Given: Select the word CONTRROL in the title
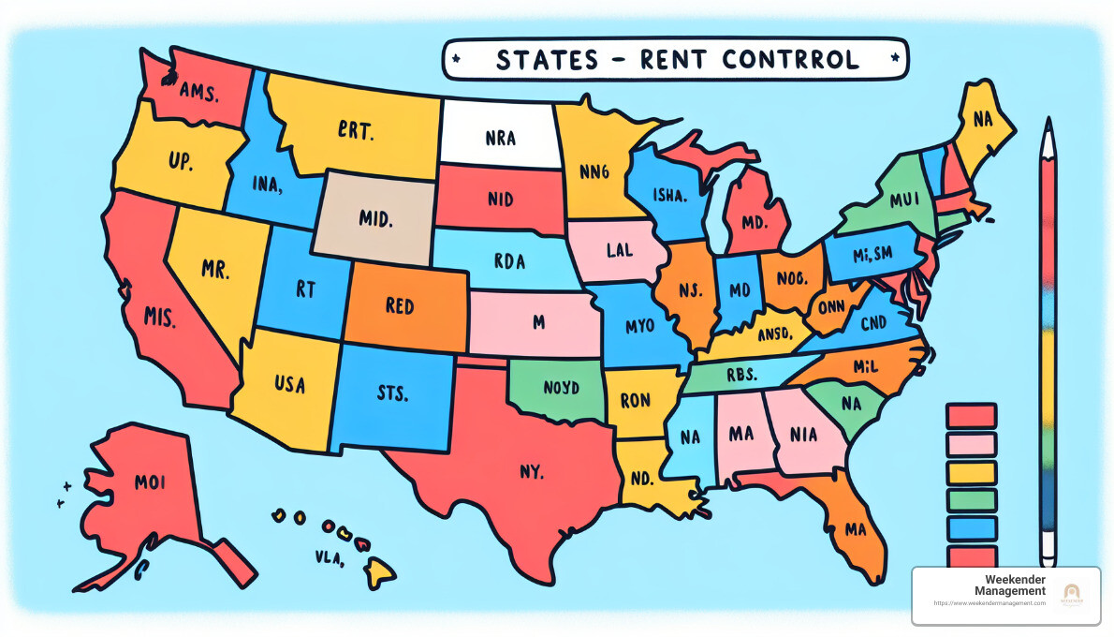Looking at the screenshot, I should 790,60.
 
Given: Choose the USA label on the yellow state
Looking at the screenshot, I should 289,383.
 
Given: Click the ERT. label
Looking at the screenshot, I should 356,132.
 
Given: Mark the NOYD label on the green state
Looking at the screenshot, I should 562,387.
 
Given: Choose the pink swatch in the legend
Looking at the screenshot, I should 972,443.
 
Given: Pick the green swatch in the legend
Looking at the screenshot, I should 972,500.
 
